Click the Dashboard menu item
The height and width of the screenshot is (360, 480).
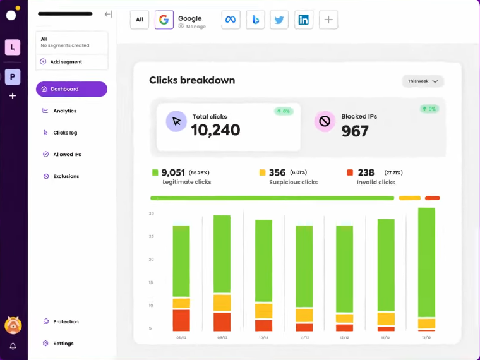pos(71,89)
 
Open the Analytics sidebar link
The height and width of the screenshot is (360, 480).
pos(64,111)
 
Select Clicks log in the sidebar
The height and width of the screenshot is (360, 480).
pos(65,133)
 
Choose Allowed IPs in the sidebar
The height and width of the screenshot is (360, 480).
pos(67,154)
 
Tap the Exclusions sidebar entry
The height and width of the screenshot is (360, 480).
pos(66,176)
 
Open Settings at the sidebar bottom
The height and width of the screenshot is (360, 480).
pos(63,344)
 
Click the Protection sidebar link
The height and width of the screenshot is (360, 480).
pos(66,321)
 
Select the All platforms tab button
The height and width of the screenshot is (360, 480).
pos(140,20)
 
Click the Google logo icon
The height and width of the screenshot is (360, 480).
pos(164,20)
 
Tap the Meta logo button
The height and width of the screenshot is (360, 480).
pos(231,20)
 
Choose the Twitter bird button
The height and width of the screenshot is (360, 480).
pos(279,20)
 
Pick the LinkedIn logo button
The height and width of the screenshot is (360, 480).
pos(304,20)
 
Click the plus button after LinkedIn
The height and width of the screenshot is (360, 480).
pos(328,20)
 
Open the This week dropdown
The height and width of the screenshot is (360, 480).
pos(423,81)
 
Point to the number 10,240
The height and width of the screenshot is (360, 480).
pos(215,130)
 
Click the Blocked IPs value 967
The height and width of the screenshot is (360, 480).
pos(355,131)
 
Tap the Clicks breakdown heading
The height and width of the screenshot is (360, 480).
pos(192,80)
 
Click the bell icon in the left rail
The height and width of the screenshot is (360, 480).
pos(13,346)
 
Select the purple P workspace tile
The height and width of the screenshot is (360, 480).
pos(13,77)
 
